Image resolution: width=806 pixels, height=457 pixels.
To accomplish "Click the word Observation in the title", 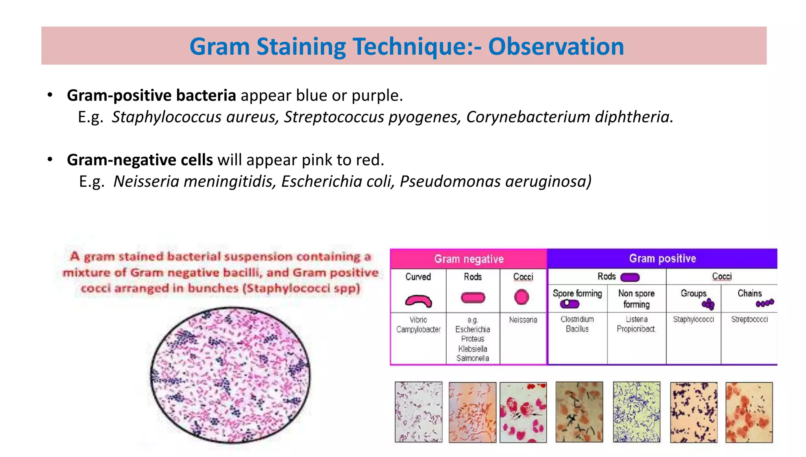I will pyautogui.click(x=556, y=46).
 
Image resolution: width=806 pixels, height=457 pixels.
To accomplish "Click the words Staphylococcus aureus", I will pyautogui.click(x=195, y=117).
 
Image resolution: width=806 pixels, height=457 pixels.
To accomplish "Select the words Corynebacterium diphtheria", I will pyautogui.click(x=569, y=117).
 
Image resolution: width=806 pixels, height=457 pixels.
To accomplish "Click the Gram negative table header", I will pyautogui.click(x=468, y=259).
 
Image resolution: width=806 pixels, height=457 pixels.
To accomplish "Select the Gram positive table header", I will pyautogui.click(x=662, y=258).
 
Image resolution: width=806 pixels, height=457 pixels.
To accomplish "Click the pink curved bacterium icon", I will pyautogui.click(x=418, y=301).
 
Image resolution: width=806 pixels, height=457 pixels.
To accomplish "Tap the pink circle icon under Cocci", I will pyautogui.click(x=521, y=297).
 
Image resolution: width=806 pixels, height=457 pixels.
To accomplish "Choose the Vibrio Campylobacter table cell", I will pyautogui.click(x=418, y=325).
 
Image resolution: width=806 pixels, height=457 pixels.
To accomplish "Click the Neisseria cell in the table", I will pyautogui.click(x=523, y=320).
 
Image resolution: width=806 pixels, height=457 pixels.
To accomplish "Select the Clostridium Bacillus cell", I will pyautogui.click(x=577, y=324).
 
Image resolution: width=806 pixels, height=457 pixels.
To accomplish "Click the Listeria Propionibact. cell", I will pyautogui.click(x=636, y=324).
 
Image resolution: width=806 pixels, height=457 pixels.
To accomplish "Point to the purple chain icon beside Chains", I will pyautogui.click(x=765, y=303).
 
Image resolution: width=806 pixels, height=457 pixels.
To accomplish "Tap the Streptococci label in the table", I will pyautogui.click(x=749, y=319).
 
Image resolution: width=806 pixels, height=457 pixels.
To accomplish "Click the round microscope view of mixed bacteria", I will pyautogui.click(x=230, y=375).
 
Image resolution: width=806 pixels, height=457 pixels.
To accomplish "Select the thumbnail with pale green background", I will pyautogui.click(x=636, y=412).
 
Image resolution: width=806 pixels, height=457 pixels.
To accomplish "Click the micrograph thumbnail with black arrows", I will pyautogui.click(x=523, y=412).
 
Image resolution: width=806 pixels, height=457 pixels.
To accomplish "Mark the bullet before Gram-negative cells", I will pyautogui.click(x=50, y=159).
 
